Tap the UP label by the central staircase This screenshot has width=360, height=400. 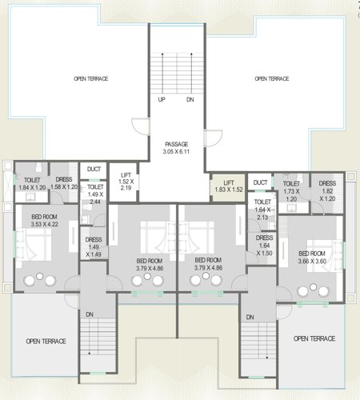coord(162,100)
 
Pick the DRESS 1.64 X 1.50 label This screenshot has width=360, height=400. coord(263,245)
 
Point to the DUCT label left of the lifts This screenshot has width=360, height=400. coord(94,169)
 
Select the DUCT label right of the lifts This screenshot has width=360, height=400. coord(260,183)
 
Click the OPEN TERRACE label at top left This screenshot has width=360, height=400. coord(90,79)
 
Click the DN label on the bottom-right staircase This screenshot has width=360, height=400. coord(250,318)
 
